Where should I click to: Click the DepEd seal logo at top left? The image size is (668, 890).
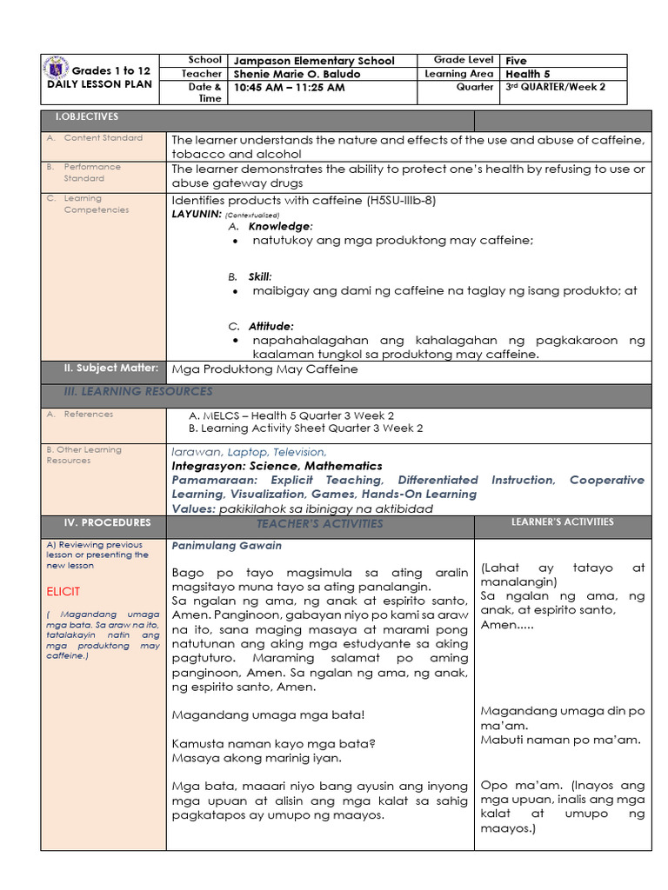click(57, 70)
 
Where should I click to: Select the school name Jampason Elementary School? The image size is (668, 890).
click(314, 61)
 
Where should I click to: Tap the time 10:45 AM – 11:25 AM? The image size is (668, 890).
click(290, 88)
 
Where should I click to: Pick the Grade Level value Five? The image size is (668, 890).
click(517, 61)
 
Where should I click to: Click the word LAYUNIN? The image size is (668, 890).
click(196, 213)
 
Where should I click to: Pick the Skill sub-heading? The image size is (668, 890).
click(260, 276)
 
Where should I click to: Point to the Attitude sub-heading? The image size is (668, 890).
click(271, 326)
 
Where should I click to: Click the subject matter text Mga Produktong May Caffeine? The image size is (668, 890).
click(264, 369)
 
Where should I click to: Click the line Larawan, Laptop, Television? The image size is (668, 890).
click(250, 452)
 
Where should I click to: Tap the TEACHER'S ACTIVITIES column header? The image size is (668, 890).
click(319, 523)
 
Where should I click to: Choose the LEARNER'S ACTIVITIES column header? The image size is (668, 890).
click(562, 522)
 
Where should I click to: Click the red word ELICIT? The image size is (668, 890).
click(63, 592)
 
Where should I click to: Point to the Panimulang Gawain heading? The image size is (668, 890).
click(226, 546)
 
